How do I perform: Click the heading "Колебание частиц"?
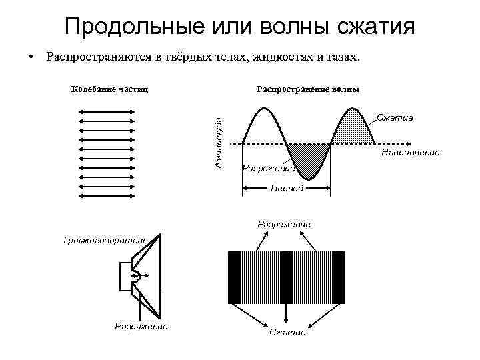coord(109,89)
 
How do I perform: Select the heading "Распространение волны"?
coord(307,89)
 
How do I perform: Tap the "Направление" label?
coord(410,153)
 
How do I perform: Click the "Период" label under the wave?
coord(287,189)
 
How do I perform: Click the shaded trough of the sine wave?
coord(309,159)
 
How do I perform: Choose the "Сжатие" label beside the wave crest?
coord(395,117)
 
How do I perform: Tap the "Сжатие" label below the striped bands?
coord(287,332)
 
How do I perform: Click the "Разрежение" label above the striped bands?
coord(284,225)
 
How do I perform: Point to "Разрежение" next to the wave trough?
coord(268,168)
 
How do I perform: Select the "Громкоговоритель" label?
coord(110,237)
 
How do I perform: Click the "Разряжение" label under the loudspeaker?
coord(141,326)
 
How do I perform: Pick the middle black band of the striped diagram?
coord(287,277)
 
